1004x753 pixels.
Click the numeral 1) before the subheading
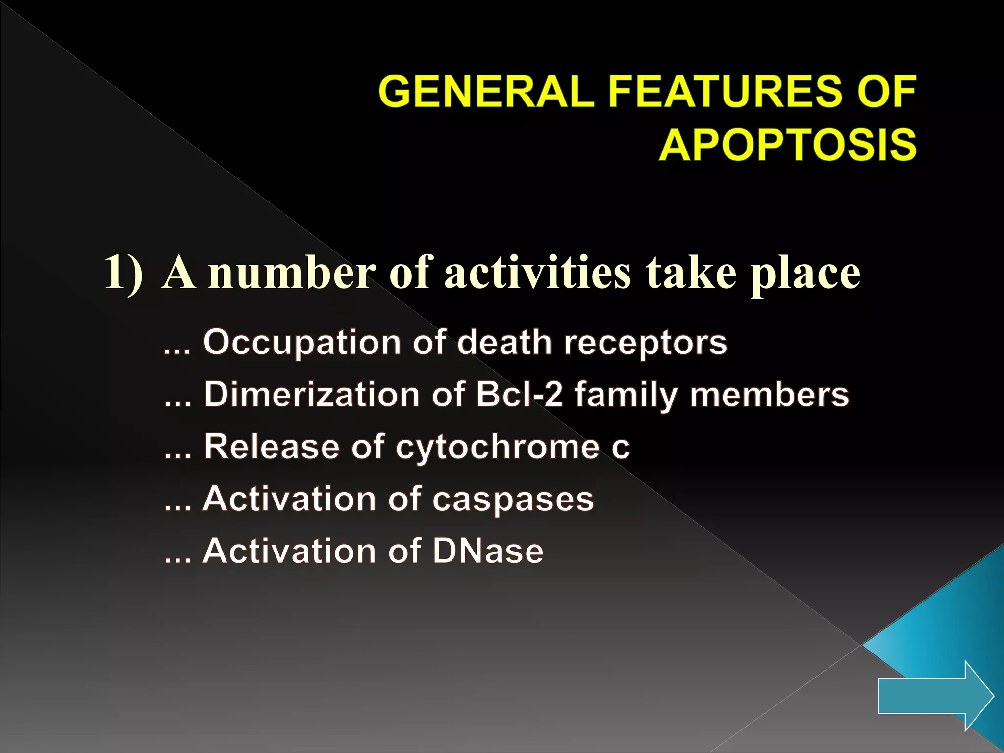[x=125, y=273]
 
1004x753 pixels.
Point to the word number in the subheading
[x=292, y=273]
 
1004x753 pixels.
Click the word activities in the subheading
[x=537, y=273]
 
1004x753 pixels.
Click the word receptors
[x=645, y=343]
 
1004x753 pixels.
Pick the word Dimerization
[x=312, y=395]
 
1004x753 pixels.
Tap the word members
[x=769, y=395]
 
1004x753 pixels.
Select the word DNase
[x=488, y=551]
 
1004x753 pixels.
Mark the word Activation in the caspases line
[x=289, y=499]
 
